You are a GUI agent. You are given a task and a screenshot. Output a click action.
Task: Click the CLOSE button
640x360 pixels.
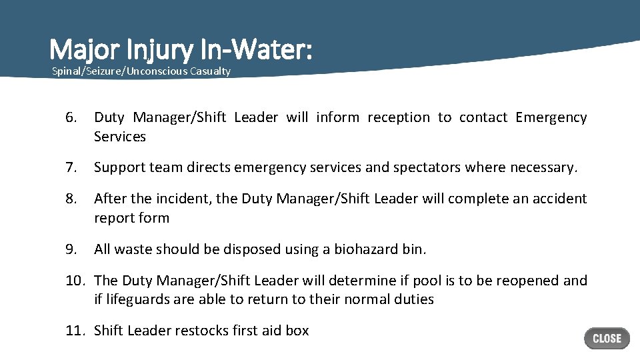(x=607, y=338)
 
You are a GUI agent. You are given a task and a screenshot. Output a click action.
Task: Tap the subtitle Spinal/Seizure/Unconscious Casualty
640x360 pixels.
(x=141, y=71)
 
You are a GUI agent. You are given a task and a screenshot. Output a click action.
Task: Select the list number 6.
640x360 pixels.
(x=72, y=118)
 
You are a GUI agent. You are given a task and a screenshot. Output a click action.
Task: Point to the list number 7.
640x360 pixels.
(x=72, y=168)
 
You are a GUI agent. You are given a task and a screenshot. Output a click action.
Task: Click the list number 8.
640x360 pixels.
(x=72, y=199)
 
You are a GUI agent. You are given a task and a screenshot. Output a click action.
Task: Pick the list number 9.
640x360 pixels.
(x=72, y=249)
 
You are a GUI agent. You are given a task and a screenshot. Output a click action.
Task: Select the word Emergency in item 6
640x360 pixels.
(x=551, y=118)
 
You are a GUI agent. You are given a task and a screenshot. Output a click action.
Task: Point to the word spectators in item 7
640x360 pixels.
(x=428, y=168)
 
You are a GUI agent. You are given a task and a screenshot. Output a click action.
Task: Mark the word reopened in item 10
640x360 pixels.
(x=526, y=281)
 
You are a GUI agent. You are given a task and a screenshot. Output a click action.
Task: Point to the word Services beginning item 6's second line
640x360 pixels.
(x=120, y=137)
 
